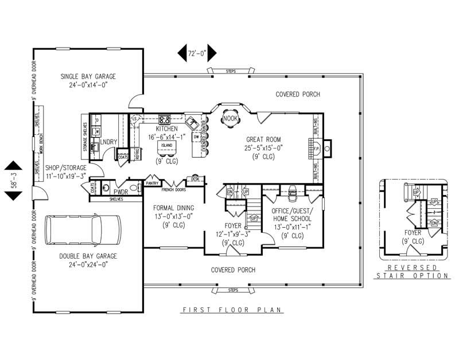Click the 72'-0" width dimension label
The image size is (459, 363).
[x=197, y=53]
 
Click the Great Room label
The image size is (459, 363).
[x=264, y=139]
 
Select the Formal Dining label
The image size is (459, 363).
[x=174, y=208]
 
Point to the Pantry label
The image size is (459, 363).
[x=151, y=183]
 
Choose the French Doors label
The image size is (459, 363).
[x=173, y=189]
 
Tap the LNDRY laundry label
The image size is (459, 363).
[x=108, y=141]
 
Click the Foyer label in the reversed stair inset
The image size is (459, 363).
[x=413, y=233]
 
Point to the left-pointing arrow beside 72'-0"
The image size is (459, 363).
[x=182, y=53]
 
